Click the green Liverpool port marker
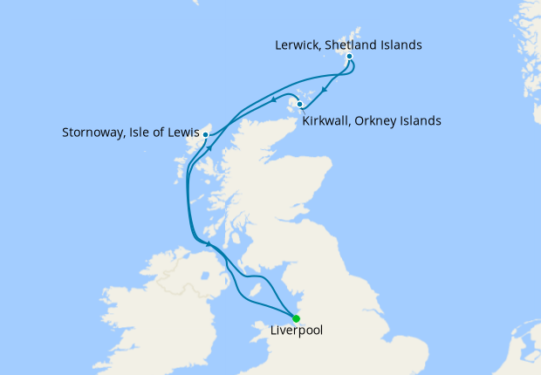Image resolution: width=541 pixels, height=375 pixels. tap(296, 318)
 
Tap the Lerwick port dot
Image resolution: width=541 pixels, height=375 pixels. tap(349, 57)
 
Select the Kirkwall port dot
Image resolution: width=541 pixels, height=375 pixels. tap(300, 106)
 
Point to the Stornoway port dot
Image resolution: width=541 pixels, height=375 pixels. tap(205, 134)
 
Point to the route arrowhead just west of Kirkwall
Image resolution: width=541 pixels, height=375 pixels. tap(282, 96)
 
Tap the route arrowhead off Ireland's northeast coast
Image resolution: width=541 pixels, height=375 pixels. tap(209, 244)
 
